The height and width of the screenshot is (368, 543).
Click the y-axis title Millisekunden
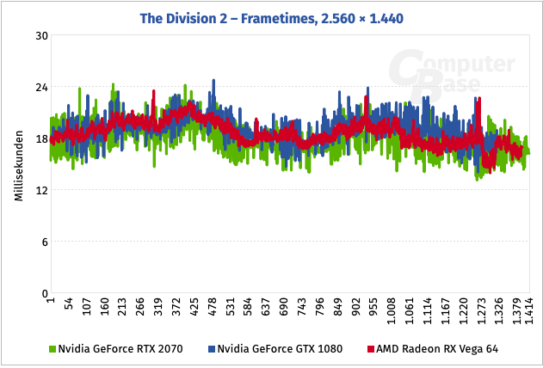tap(18, 165)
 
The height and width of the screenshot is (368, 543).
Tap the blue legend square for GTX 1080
tap(210, 349)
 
